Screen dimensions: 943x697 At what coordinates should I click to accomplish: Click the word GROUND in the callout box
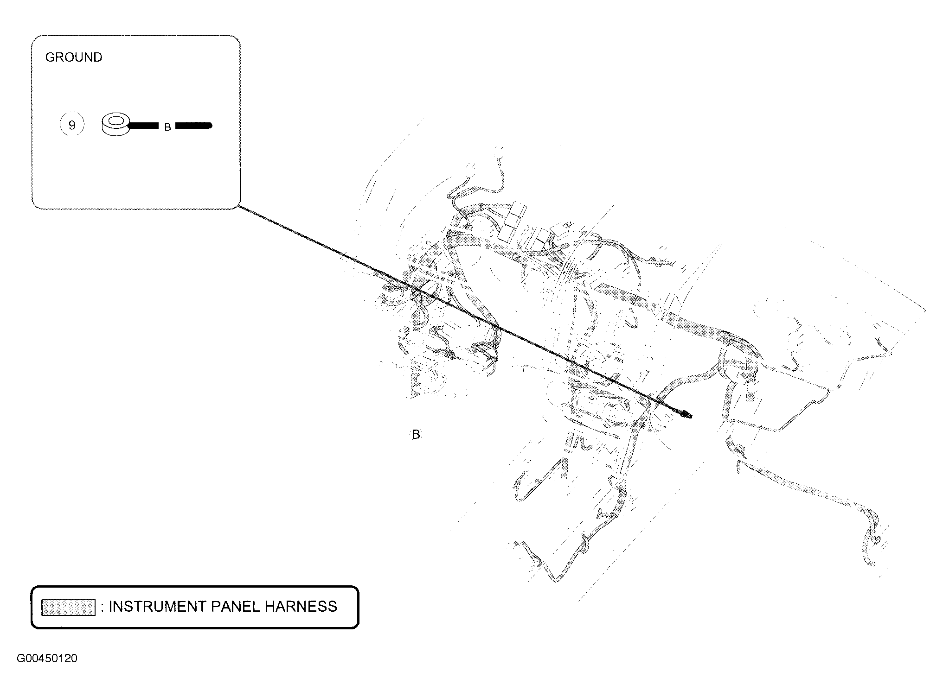click(73, 57)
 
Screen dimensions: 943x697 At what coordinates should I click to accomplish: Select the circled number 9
click(72, 125)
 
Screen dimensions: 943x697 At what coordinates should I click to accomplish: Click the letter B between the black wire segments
click(168, 127)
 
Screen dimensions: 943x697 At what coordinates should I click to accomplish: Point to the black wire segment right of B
click(193, 125)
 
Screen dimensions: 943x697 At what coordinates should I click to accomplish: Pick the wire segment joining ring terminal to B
click(144, 125)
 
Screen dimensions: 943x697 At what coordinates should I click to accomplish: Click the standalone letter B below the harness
click(416, 435)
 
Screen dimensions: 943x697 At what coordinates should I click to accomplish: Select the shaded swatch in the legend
click(68, 607)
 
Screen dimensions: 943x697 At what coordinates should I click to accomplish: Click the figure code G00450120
click(47, 659)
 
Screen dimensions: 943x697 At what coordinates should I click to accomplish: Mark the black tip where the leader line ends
click(686, 414)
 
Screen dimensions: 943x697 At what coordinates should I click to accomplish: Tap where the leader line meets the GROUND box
click(239, 206)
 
